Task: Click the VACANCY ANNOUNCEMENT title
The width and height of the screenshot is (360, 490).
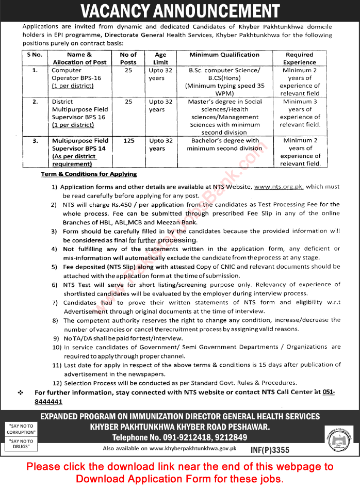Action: (180, 10)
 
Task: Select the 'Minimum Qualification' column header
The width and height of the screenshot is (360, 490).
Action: (224, 55)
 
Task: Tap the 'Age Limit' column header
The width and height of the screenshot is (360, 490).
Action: (160, 58)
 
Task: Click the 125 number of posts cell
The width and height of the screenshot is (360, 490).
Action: (128, 141)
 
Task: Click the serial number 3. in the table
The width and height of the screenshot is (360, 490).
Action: (36, 140)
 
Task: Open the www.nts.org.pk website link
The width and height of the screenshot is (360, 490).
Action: (282, 187)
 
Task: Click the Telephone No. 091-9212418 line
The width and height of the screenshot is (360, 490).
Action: (179, 437)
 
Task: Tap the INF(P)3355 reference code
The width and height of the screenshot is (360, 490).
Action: (270, 449)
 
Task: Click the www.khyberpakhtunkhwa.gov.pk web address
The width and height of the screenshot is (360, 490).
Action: (192, 449)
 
